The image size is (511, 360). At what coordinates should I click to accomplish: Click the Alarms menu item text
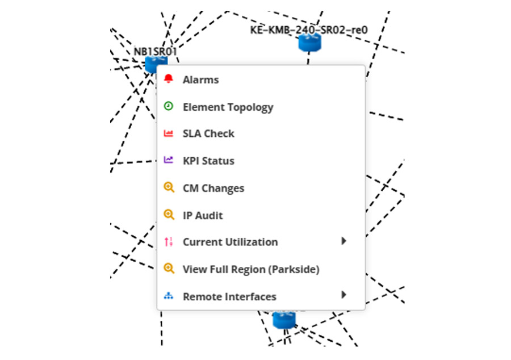pos(200,80)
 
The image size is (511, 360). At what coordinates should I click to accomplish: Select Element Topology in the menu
pos(228,107)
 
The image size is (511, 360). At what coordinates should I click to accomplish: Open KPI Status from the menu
pos(208,161)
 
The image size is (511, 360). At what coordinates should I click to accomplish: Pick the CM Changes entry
pos(213,189)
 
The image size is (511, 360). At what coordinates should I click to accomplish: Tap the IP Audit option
pos(203,216)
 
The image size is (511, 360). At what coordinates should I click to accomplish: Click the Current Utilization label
pos(230,242)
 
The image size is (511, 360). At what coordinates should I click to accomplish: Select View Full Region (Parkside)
pos(250,270)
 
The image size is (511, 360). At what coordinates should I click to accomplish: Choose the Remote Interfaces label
pos(229,297)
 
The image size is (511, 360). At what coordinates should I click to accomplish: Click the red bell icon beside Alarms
pos(168,79)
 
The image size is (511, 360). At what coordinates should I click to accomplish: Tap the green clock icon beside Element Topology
pos(168,106)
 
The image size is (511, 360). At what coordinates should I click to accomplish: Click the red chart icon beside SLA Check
pos(168,133)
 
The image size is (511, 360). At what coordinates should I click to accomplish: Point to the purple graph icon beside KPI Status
pos(168,160)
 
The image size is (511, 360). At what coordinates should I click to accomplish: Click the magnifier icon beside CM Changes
pos(168,187)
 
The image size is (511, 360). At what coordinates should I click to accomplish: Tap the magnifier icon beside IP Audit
pos(168,215)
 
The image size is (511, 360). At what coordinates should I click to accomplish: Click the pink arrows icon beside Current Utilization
pos(168,242)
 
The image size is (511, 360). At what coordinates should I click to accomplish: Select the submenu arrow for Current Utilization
pos(344,241)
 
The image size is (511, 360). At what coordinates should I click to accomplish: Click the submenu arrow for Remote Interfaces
pos(344,295)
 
